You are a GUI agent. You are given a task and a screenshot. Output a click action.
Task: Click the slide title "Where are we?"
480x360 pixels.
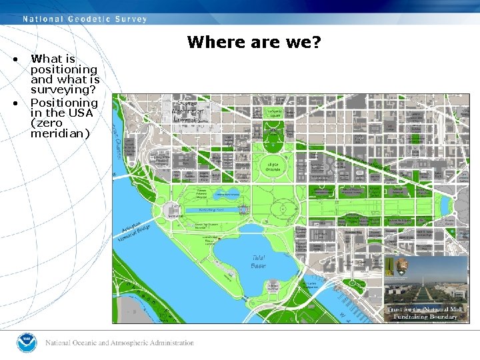[x=254, y=43]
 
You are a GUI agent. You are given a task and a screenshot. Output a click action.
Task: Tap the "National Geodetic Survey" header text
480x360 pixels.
[x=85, y=19]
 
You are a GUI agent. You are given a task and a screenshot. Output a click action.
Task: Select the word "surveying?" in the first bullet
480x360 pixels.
[x=64, y=89]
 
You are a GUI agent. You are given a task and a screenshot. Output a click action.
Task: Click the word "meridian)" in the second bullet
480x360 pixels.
[x=60, y=133]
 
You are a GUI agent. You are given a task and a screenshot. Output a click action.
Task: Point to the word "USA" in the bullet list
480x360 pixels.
[x=84, y=113]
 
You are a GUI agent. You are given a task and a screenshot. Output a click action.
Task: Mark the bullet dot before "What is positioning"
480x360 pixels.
[x=15, y=59]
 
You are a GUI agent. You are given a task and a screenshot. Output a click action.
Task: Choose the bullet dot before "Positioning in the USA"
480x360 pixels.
[x=15, y=103]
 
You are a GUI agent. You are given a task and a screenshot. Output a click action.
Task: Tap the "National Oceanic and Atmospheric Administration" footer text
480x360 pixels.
[x=119, y=343]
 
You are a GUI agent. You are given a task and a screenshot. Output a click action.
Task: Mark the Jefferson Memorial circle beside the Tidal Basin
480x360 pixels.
[x=273, y=286]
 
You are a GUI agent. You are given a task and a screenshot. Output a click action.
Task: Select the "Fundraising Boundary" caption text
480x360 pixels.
[x=425, y=317]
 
